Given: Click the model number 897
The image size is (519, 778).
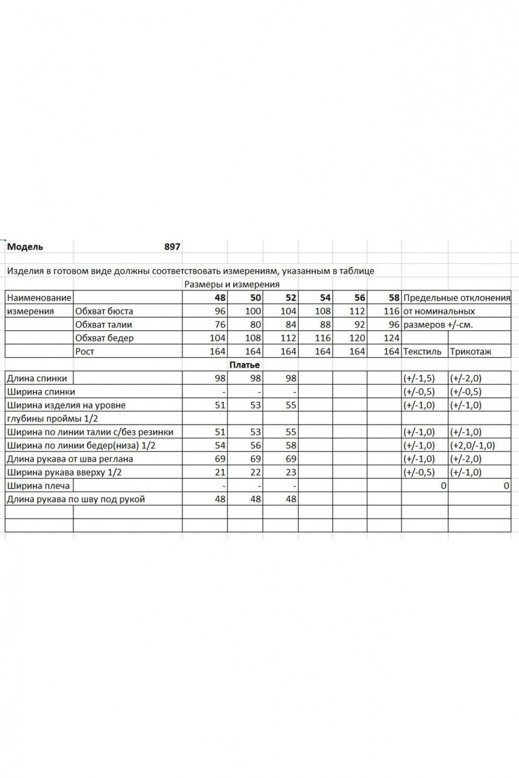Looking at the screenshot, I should (x=172, y=247).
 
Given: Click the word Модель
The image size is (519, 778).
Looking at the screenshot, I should (x=25, y=247).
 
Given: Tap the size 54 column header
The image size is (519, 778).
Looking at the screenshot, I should (x=324, y=298).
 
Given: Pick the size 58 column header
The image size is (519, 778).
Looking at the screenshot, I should (x=394, y=298).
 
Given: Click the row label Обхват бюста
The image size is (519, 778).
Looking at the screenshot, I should (x=103, y=311).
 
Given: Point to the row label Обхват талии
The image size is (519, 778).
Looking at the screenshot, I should (x=103, y=325).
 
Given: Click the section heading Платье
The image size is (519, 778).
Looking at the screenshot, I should (x=245, y=365).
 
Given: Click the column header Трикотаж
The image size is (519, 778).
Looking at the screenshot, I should (x=471, y=352).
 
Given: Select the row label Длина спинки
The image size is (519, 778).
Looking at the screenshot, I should (x=37, y=379).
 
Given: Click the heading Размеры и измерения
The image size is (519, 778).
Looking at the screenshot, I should (x=231, y=284).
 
